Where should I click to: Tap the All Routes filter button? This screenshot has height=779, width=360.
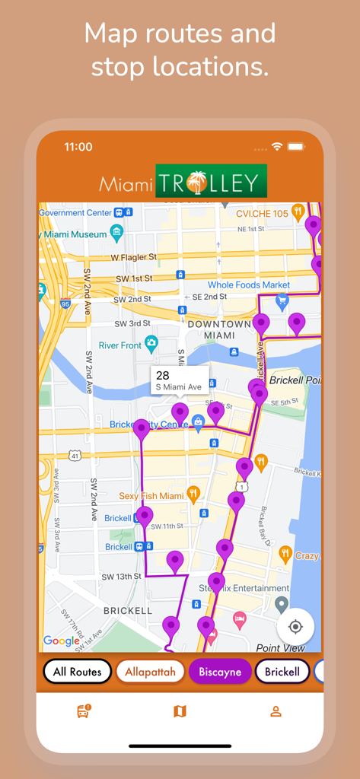pyautogui.click(x=77, y=672)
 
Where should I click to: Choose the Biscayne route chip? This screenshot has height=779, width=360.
pyautogui.click(x=220, y=672)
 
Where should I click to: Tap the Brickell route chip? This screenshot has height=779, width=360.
pyautogui.click(x=282, y=672)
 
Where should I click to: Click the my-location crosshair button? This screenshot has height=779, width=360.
pyautogui.click(x=295, y=627)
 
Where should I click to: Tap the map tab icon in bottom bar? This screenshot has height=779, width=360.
pyautogui.click(x=180, y=711)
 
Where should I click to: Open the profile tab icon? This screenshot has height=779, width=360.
pyautogui.click(x=276, y=711)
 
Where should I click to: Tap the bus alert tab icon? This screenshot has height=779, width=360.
pyautogui.click(x=84, y=711)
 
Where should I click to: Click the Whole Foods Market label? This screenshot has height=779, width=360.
pyautogui.click(x=249, y=285)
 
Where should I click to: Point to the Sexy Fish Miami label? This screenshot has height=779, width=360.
pyautogui.click(x=151, y=496)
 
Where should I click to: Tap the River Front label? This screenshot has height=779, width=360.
pyautogui.click(x=120, y=345)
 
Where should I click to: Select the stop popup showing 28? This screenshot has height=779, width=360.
pyautogui.click(x=179, y=380)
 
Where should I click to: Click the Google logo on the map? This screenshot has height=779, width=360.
pyautogui.click(x=62, y=641)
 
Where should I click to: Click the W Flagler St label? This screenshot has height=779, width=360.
pyautogui.click(x=135, y=258)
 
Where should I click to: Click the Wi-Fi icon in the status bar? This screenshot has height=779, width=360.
pyautogui.click(x=277, y=146)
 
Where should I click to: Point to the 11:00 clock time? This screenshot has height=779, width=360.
pyautogui.click(x=78, y=147)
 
